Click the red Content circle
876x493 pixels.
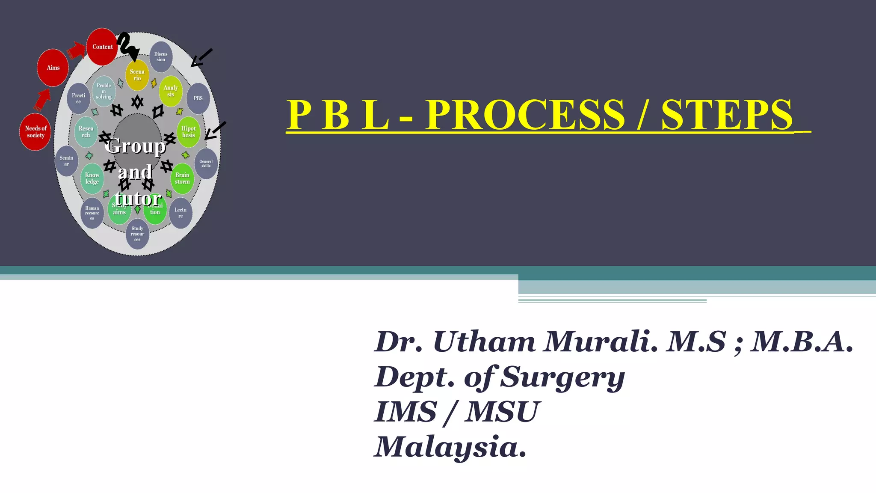click(102, 47)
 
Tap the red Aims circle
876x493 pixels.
click(53, 68)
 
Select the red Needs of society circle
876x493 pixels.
click(36, 132)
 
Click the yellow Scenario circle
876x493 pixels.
click(137, 75)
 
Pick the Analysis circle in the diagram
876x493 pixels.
click(171, 91)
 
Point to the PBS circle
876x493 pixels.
click(198, 98)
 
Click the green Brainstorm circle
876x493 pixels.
click(182, 178)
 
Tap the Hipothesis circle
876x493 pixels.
click(188, 132)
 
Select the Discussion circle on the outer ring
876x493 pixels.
click(161, 57)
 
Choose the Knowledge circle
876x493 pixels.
click(92, 178)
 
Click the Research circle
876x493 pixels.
click(86, 132)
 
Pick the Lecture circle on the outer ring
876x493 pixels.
click(181, 213)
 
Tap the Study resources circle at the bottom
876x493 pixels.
click(137, 234)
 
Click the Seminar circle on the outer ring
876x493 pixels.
click(66, 161)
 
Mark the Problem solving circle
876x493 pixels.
click(104, 91)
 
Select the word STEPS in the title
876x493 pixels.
click(727, 115)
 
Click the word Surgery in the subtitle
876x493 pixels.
click(562, 377)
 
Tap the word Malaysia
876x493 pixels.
click(450, 447)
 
